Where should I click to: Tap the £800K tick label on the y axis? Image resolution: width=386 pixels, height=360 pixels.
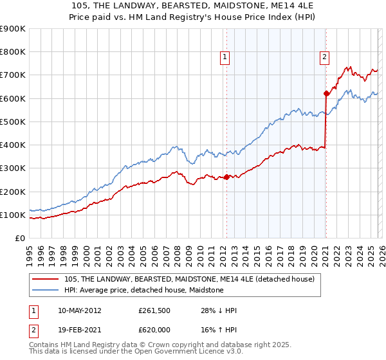(x=13, y=52)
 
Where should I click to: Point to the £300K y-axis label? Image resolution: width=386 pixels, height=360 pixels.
(x=13, y=168)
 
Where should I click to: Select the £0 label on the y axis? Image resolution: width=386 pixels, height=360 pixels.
(x=19, y=239)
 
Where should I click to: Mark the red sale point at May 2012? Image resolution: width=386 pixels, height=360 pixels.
(x=226, y=177)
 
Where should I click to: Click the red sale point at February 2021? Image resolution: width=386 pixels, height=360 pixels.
(x=326, y=94)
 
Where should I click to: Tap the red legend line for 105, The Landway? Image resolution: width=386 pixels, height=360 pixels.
(x=47, y=279)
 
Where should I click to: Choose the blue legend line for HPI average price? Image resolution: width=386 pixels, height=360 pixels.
(x=47, y=291)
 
